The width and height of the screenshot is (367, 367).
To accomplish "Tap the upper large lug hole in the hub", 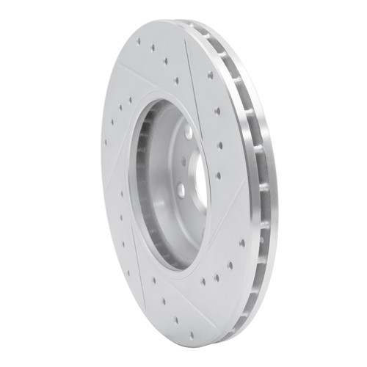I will (188, 133).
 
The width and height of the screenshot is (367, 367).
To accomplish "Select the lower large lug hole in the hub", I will (181, 190).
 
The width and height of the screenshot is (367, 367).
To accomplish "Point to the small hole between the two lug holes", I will (183, 164).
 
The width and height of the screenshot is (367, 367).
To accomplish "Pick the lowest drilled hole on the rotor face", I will (192, 335).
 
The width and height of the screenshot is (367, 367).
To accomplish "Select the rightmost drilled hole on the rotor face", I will (242, 243).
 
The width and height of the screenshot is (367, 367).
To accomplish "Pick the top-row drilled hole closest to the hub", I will (176, 80).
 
